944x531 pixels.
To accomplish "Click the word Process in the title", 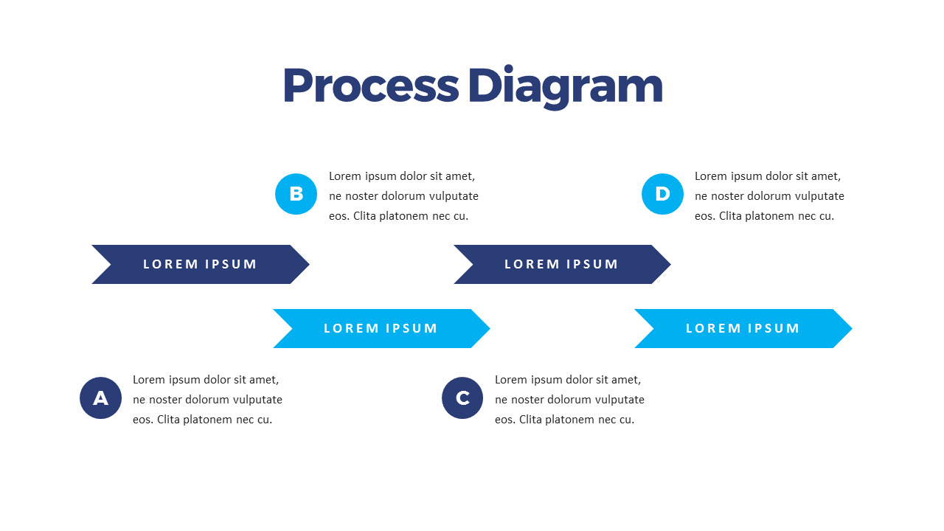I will [x=370, y=86].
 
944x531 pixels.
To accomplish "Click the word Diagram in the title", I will [x=565, y=87].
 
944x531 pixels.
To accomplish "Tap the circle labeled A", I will [x=100, y=398].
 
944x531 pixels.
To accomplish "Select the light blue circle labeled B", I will [x=296, y=194].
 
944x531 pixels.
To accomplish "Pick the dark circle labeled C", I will [x=462, y=398].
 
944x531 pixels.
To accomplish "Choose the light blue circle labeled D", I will [x=662, y=194].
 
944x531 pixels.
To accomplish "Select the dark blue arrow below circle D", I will [x=561, y=264].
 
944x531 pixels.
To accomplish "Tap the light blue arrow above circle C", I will [x=381, y=328].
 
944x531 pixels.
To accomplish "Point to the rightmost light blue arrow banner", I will [x=743, y=328].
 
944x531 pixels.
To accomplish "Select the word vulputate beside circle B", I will [x=451, y=196].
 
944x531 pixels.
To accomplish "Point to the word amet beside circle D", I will [x=826, y=176].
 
